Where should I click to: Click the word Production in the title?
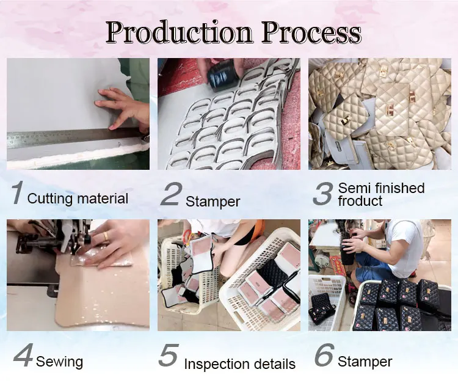click(x=178, y=34)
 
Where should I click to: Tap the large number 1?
click(x=17, y=192)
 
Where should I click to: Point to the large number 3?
click(x=322, y=192)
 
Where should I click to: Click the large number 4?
click(x=23, y=357)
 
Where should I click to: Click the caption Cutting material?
click(x=78, y=199)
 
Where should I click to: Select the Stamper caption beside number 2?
click(x=213, y=201)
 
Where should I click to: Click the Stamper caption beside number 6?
click(x=365, y=362)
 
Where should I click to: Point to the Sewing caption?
click(x=59, y=362)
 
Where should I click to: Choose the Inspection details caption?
click(x=240, y=365)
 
